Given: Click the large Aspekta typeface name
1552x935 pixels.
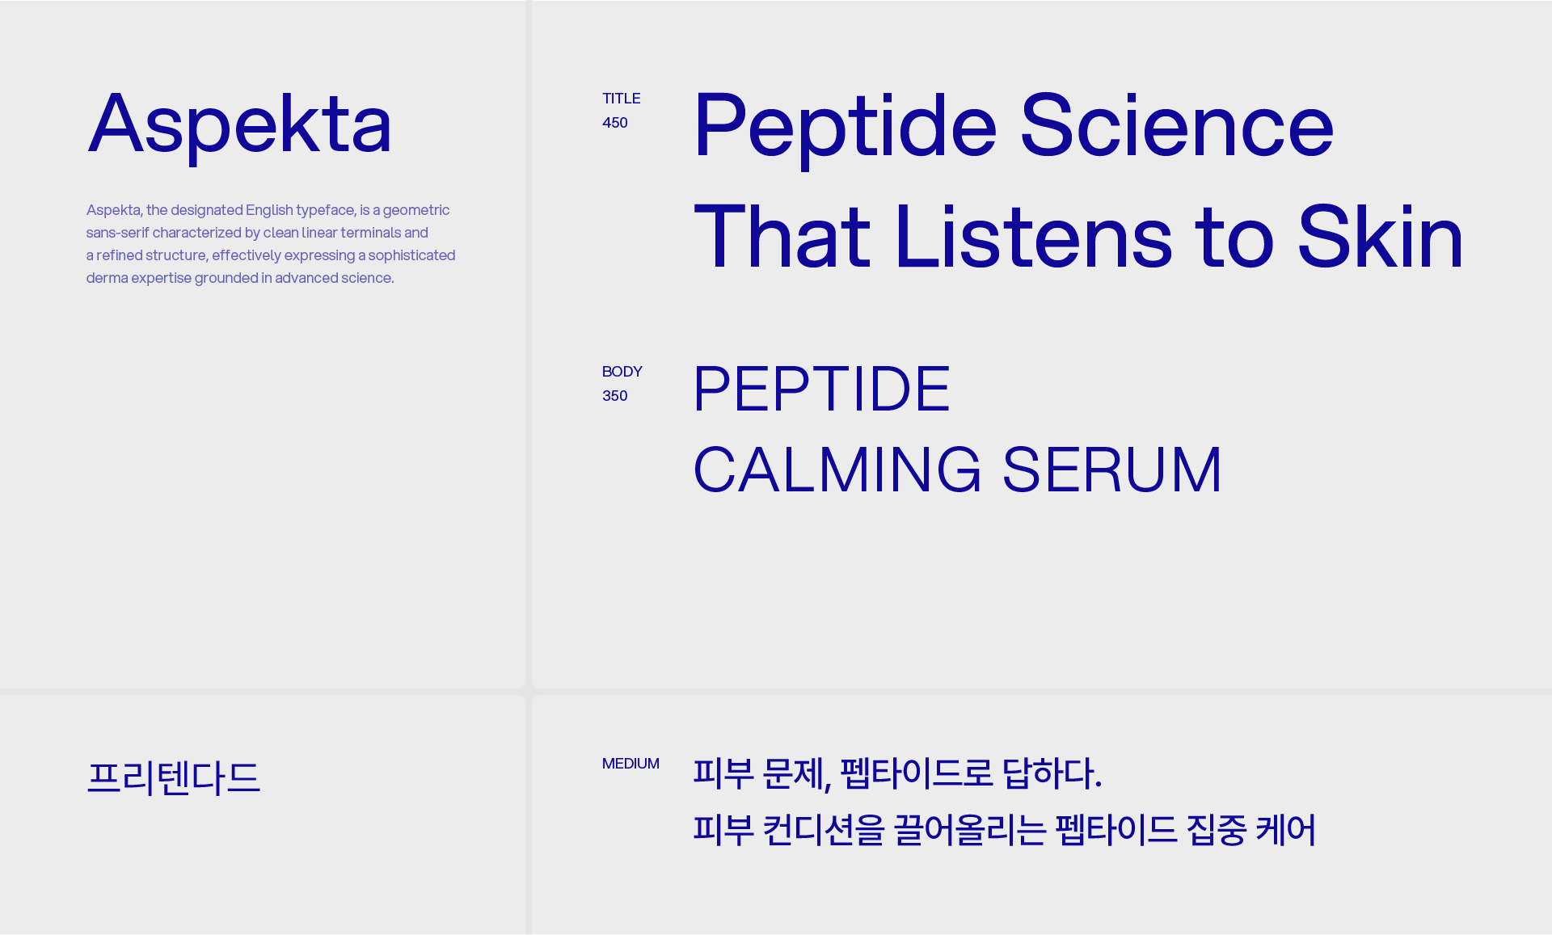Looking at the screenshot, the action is [239, 125].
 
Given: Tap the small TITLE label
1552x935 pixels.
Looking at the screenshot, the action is [621, 99].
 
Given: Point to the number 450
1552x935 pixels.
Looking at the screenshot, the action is [614, 123].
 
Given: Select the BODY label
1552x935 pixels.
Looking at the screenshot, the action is [622, 372].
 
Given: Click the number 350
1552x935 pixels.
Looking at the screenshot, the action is [614, 396].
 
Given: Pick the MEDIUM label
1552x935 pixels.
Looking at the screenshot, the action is [630, 764].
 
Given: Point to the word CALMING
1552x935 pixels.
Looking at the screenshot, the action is [837, 470].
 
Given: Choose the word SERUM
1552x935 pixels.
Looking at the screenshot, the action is [1112, 470].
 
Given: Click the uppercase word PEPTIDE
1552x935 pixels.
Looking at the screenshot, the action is [822, 389].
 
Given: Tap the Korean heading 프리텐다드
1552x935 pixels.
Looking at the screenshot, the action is [174, 777].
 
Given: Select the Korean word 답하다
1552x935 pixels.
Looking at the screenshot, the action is [1052, 773].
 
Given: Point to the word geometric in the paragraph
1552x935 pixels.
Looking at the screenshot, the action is [416, 211].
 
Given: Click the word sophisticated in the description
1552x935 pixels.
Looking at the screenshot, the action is [412, 256].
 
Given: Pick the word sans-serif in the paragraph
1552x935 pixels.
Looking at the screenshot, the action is [117, 233].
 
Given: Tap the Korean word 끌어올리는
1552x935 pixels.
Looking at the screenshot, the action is [970, 830].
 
